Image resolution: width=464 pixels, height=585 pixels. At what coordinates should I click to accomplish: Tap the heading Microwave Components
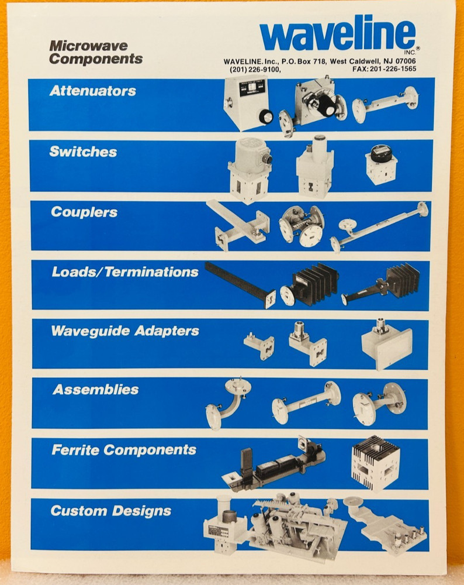click(x=96, y=52)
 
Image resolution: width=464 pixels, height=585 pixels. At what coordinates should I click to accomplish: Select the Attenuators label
click(x=92, y=91)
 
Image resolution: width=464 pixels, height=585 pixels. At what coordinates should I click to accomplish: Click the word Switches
click(x=83, y=152)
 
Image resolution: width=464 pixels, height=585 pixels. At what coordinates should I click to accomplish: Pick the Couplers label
click(x=84, y=212)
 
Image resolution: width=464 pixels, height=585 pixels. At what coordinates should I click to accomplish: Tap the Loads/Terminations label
click(x=124, y=272)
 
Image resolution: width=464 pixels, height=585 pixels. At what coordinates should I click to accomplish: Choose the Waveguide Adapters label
click(x=124, y=331)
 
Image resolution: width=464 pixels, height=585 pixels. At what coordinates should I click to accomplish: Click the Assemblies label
click(x=96, y=390)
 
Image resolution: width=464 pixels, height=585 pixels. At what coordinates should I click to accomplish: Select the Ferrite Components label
click(x=123, y=450)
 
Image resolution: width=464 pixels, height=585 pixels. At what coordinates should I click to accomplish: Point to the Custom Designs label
click(x=110, y=511)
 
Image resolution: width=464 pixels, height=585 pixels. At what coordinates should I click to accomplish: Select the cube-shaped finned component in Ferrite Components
click(x=375, y=462)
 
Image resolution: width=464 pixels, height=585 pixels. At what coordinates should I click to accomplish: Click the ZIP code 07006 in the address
click(x=404, y=61)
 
